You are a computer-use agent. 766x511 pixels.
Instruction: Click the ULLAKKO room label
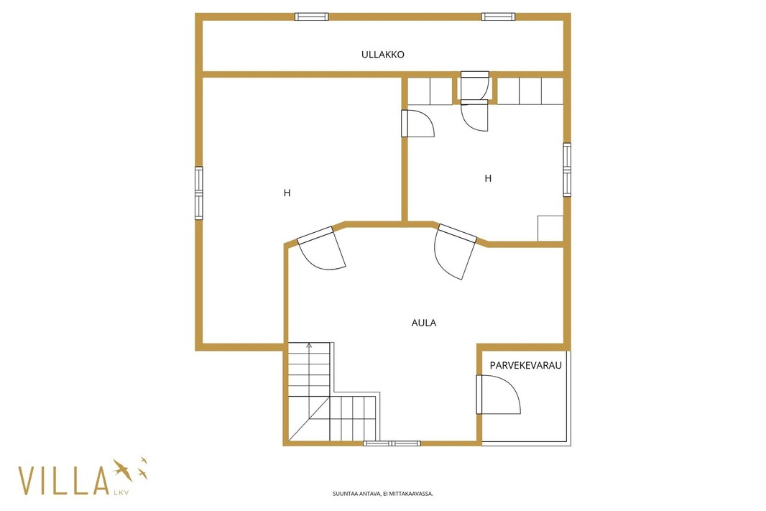point(382,54)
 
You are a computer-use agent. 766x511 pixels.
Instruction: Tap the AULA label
point(423,323)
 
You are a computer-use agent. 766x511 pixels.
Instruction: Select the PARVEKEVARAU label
point(526,365)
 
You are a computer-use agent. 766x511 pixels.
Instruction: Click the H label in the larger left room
point(287,193)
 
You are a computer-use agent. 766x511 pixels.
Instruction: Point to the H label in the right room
point(487,178)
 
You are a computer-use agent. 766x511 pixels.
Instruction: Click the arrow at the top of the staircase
point(309,346)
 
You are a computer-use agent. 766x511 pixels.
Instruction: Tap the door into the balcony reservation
point(498,395)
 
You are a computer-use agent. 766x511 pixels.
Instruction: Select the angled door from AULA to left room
point(321,248)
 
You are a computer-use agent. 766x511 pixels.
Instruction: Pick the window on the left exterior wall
point(198,193)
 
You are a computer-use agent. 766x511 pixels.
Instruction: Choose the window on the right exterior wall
point(567,170)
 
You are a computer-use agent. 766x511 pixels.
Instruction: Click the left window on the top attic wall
point(312,17)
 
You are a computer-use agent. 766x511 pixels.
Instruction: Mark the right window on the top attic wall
point(498,17)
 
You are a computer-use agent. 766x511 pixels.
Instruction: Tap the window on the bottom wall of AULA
point(392,443)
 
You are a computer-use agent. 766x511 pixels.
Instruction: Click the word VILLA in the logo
point(63,480)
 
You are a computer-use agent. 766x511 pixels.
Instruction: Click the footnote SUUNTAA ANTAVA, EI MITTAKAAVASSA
point(383,494)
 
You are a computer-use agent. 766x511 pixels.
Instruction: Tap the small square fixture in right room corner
point(550,228)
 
